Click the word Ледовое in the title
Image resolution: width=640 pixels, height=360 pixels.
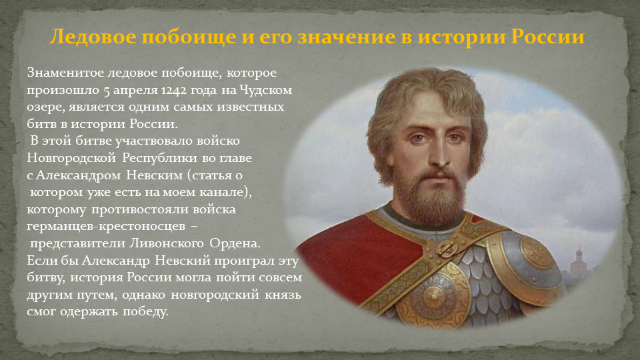(x=93, y=37)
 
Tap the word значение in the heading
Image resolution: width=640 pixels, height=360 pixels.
(x=347, y=37)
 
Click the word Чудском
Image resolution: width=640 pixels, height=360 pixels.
(x=266, y=90)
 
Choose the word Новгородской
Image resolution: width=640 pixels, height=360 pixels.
(x=71, y=158)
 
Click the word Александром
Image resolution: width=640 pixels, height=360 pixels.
(x=79, y=175)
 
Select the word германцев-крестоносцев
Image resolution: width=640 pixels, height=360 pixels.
(x=106, y=227)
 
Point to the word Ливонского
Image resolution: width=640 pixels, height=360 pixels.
(x=167, y=243)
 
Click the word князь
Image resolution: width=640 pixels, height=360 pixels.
(x=283, y=294)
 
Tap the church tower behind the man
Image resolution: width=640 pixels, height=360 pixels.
(x=578, y=261)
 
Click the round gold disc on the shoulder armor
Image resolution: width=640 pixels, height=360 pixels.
(x=537, y=253)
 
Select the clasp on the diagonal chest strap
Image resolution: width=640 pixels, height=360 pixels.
(x=445, y=248)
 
